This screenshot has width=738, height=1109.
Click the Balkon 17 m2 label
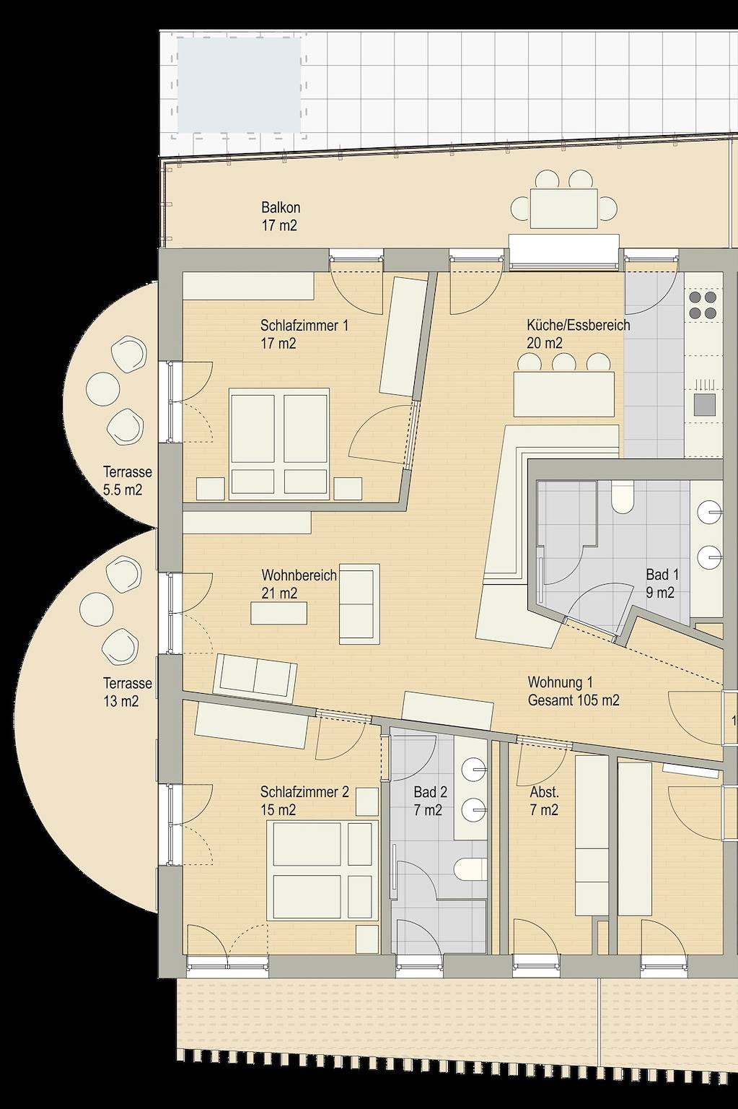click(x=279, y=217)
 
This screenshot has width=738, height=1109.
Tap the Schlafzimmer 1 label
click(x=304, y=334)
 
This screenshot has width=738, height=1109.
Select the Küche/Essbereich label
click(x=578, y=334)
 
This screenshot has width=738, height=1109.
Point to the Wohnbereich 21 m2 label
click(x=299, y=584)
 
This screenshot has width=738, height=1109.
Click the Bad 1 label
click(x=662, y=583)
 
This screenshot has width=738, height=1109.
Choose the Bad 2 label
click(x=430, y=801)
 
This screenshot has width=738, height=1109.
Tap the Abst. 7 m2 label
click(x=544, y=800)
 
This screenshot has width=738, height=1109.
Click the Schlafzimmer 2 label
click(x=304, y=801)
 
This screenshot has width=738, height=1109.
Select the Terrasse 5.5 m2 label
click(x=128, y=481)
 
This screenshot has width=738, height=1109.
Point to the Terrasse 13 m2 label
click(x=128, y=692)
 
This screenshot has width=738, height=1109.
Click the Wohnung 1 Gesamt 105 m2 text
click(x=573, y=691)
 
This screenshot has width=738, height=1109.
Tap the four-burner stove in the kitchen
click(x=703, y=305)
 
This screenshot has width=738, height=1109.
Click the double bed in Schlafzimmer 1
click(x=279, y=442)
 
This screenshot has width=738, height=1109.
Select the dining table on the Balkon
click(x=564, y=207)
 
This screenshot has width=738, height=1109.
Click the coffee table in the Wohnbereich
click(x=278, y=613)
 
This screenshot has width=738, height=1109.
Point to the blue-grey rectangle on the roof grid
click(x=239, y=85)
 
